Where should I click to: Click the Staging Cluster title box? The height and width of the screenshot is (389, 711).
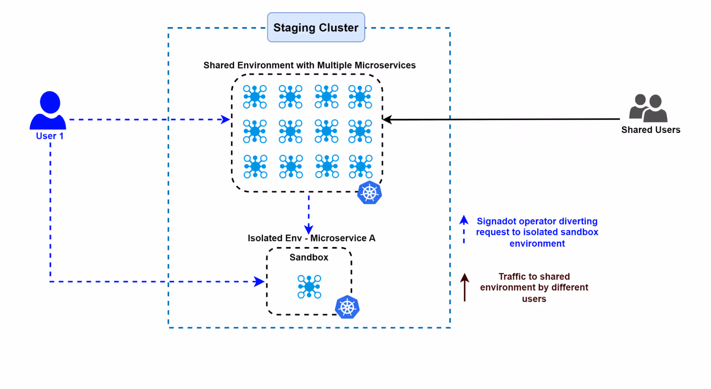tap(316, 27)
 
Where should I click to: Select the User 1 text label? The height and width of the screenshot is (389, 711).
tap(49, 136)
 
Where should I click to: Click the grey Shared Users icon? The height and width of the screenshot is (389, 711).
tap(648, 108)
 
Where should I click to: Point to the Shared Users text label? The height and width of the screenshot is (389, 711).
tap(651, 130)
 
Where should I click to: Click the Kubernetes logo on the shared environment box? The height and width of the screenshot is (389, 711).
tap(370, 193)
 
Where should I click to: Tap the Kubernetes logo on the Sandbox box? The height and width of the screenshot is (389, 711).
tap(347, 307)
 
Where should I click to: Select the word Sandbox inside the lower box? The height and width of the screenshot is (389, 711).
tap(309, 257)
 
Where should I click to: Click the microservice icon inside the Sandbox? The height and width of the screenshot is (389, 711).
tap(309, 287)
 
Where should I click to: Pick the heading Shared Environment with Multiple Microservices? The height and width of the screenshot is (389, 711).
tap(309, 65)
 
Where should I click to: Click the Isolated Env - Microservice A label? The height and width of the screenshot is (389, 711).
tap(311, 238)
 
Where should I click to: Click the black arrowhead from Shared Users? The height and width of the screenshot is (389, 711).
tap(388, 119)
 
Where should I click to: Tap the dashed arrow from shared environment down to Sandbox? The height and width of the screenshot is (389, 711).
tap(309, 213)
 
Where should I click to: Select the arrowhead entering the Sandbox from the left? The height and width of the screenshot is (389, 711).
tap(260, 282)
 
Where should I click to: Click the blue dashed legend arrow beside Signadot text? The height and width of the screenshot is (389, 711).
tap(464, 229)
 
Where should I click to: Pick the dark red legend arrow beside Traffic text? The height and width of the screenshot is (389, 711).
tap(465, 287)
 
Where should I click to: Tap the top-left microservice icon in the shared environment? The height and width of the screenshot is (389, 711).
tap(255, 96)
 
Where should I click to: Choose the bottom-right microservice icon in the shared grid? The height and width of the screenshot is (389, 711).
tap(361, 166)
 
